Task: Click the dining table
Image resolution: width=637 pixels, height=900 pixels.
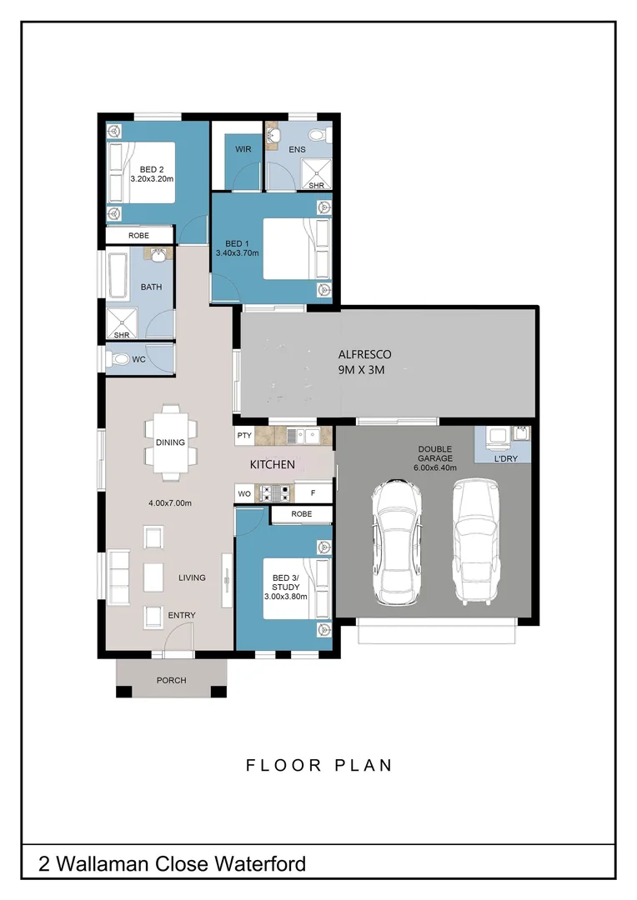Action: coord(170,442)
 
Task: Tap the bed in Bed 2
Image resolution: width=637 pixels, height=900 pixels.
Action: coord(142,172)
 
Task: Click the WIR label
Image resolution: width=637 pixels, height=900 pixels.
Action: coord(243,149)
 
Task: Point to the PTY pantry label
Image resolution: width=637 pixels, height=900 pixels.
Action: coord(244,435)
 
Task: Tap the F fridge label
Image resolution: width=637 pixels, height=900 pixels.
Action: coord(302,492)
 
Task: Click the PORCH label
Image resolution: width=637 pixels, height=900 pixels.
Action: coord(172,680)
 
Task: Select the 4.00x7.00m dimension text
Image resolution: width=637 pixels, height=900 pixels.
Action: coord(170,502)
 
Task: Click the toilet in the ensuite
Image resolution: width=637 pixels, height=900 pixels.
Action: coord(317,135)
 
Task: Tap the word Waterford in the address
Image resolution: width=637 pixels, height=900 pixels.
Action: coord(258,863)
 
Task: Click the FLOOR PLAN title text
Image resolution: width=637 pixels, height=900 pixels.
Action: coord(318,765)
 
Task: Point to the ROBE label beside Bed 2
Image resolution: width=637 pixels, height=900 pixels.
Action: coord(138,236)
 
